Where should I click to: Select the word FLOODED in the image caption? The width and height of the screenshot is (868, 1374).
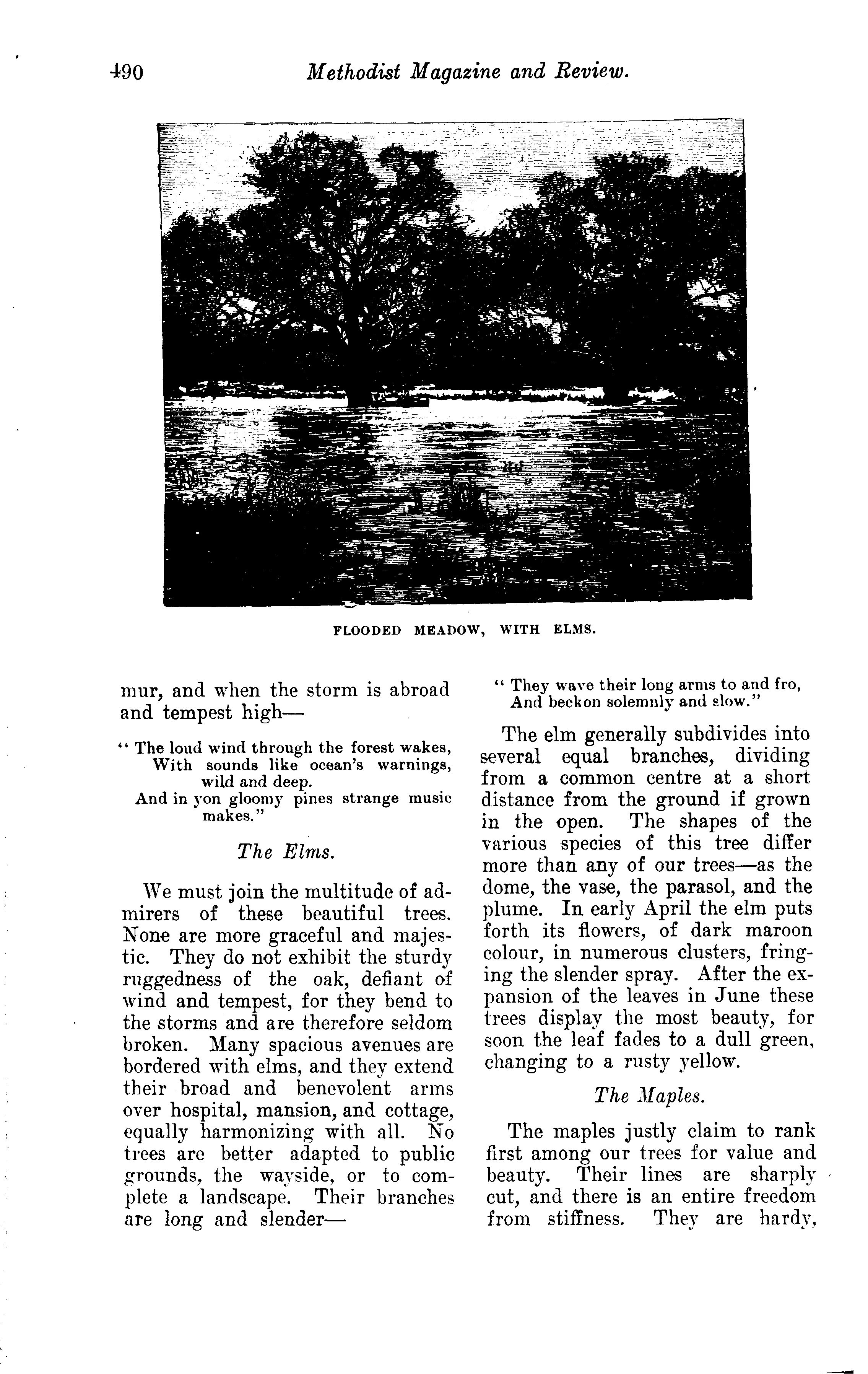pyautogui.click(x=367, y=630)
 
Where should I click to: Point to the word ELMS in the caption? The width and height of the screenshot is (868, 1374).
pyautogui.click(x=574, y=630)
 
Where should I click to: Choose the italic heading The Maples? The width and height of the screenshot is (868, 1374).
pyautogui.click(x=649, y=1095)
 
